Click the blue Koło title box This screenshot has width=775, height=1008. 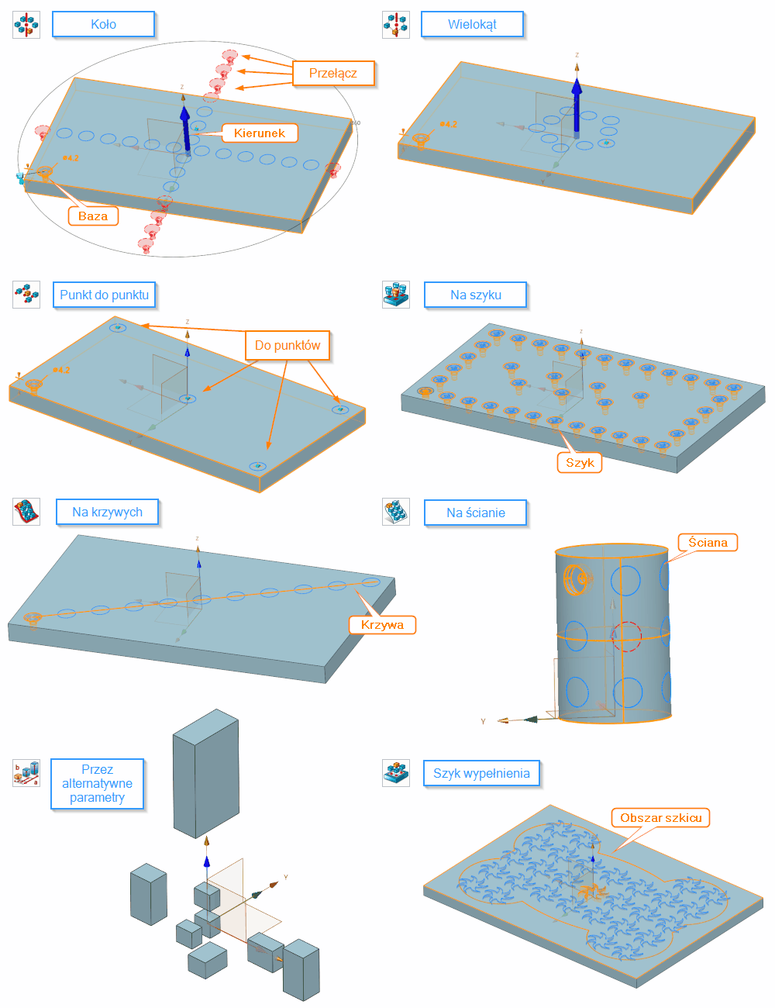[x=103, y=24]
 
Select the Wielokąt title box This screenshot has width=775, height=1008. [x=472, y=24]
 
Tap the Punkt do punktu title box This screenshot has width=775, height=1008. [x=104, y=295]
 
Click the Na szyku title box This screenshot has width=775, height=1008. [x=475, y=295]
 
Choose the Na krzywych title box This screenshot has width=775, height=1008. [x=107, y=512]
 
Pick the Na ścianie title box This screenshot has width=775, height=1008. [x=475, y=513]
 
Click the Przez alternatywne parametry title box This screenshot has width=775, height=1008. [x=97, y=783]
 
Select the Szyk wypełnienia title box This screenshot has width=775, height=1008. [x=481, y=773]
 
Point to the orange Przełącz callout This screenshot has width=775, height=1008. [x=333, y=73]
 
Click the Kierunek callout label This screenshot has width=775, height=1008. [x=260, y=133]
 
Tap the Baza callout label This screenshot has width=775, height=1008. [x=93, y=216]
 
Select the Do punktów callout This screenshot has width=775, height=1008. [x=288, y=345]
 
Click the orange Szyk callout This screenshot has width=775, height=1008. [x=579, y=462]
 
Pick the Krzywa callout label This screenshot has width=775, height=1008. [x=382, y=624]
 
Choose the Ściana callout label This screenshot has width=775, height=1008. [x=708, y=542]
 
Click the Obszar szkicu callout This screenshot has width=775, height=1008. [x=661, y=817]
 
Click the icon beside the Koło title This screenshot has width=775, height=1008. [x=26, y=25]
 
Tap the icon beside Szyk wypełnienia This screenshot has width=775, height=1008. [x=396, y=773]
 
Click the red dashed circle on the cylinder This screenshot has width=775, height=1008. [x=626, y=636]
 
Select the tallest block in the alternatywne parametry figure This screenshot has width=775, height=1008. [x=205, y=774]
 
